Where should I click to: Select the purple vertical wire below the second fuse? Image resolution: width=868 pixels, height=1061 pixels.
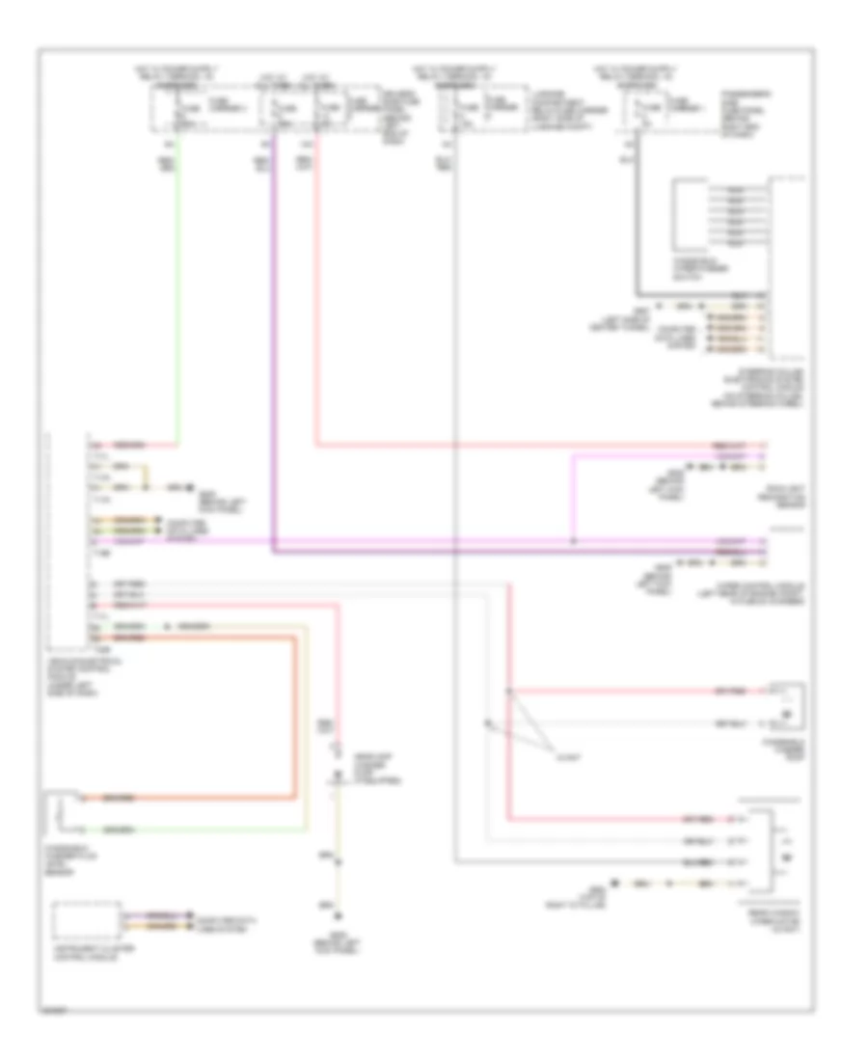click(273, 338)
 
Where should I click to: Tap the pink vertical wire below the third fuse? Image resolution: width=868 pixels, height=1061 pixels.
click(316, 289)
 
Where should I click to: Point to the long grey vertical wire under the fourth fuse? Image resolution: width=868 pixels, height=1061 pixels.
click(453, 482)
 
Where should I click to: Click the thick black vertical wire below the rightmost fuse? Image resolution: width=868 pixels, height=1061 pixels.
click(636, 222)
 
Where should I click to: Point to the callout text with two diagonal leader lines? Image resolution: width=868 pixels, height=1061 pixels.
click(561, 757)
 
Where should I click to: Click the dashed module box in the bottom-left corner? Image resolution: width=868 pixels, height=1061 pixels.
click(87, 921)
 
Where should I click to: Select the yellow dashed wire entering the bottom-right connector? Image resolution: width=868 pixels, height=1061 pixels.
click(675, 883)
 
